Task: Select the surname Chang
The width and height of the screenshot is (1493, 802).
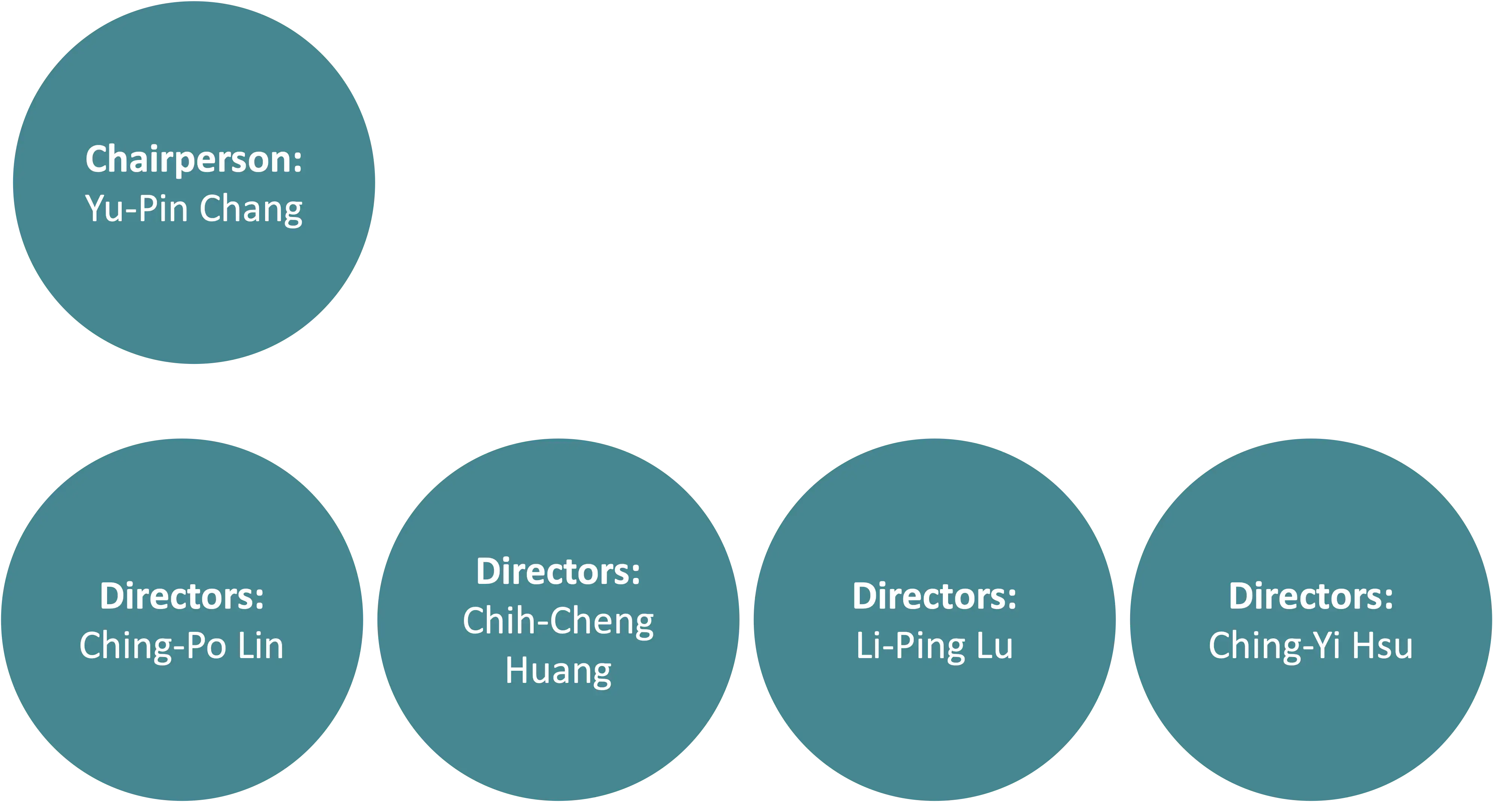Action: tap(251, 210)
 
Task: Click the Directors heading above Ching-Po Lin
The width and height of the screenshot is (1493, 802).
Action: tap(181, 596)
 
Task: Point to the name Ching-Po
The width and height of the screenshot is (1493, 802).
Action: tap(152, 646)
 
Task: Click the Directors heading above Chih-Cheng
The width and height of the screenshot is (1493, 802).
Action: tap(558, 572)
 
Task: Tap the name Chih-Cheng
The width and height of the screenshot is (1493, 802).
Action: tap(558, 622)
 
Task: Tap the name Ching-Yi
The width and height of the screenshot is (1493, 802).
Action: tap(1274, 646)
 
